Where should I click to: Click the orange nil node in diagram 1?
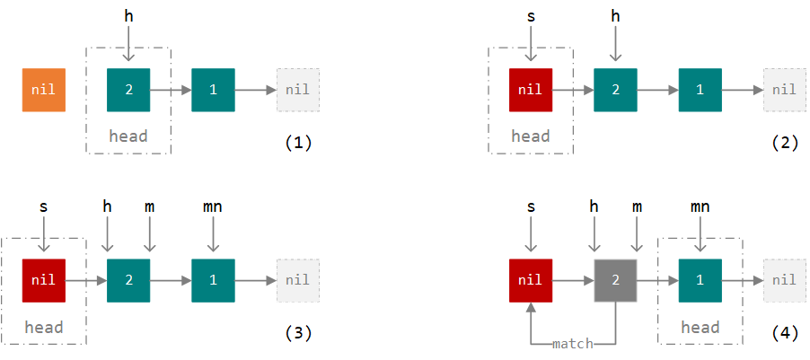click(43, 90)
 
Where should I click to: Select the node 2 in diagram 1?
click(128, 90)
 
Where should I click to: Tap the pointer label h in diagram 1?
click(128, 16)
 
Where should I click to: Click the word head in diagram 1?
click(128, 136)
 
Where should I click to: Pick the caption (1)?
click(297, 142)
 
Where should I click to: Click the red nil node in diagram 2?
click(530, 90)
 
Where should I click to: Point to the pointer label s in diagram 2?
click(530, 16)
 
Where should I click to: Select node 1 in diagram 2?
click(700, 90)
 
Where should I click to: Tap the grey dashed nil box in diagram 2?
click(784, 90)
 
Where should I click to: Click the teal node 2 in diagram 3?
click(128, 280)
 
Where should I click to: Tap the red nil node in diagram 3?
click(43, 280)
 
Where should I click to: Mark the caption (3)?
click(297, 333)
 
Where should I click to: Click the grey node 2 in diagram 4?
click(615, 280)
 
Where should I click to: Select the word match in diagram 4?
click(572, 344)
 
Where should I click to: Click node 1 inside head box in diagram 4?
click(700, 280)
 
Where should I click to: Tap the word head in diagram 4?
click(700, 328)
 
